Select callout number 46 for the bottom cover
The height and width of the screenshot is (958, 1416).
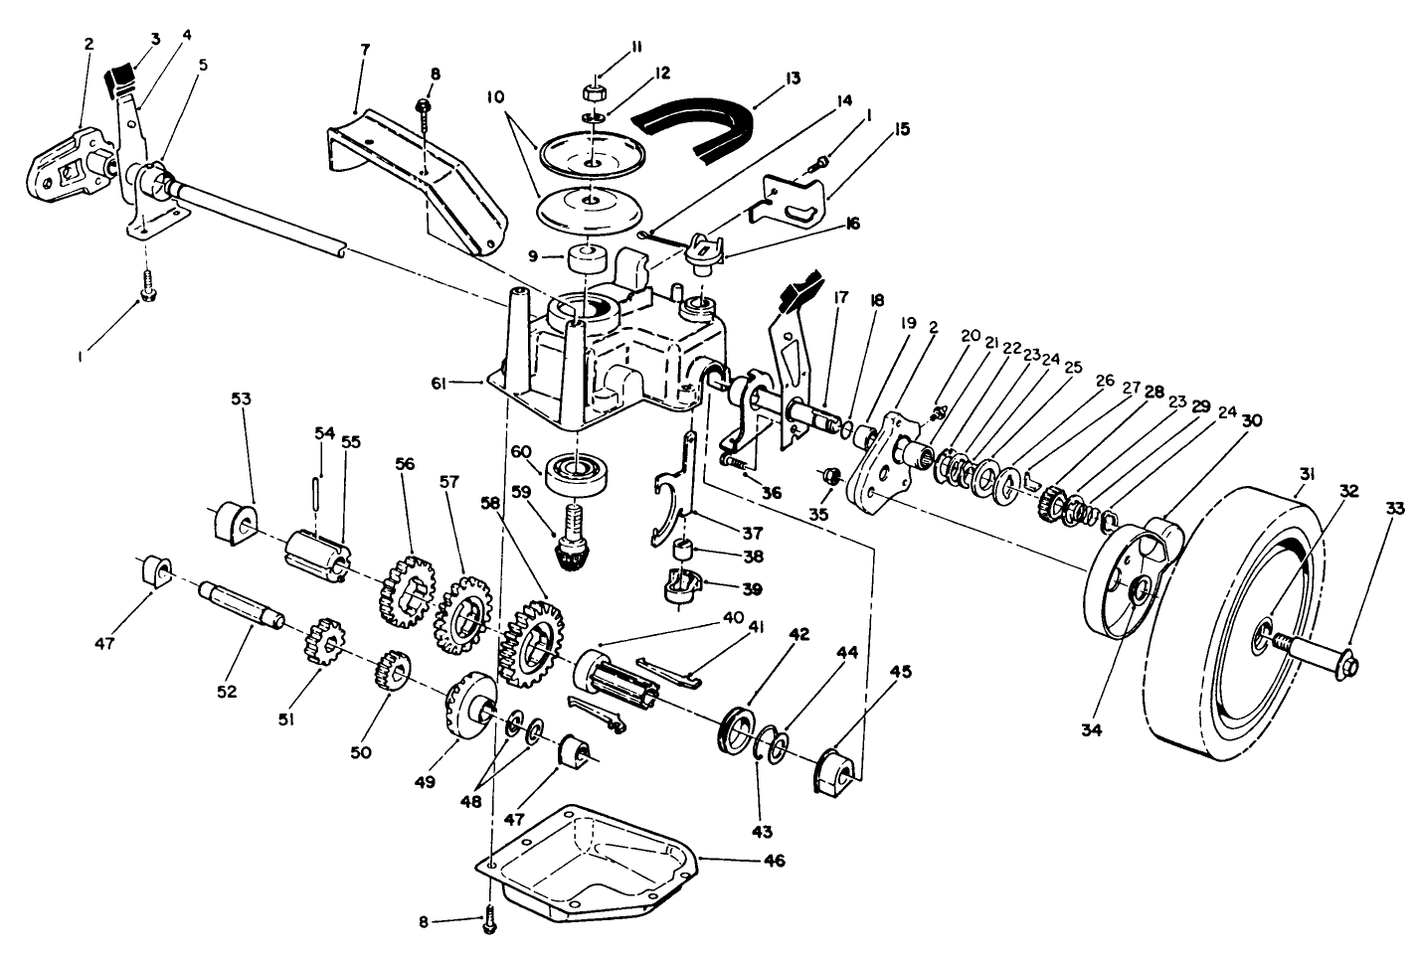click(773, 861)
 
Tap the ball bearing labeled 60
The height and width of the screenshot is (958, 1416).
click(578, 470)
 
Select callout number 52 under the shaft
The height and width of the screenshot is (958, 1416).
click(227, 692)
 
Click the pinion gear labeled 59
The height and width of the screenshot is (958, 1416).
click(572, 545)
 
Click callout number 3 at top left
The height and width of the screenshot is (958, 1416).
click(154, 39)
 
